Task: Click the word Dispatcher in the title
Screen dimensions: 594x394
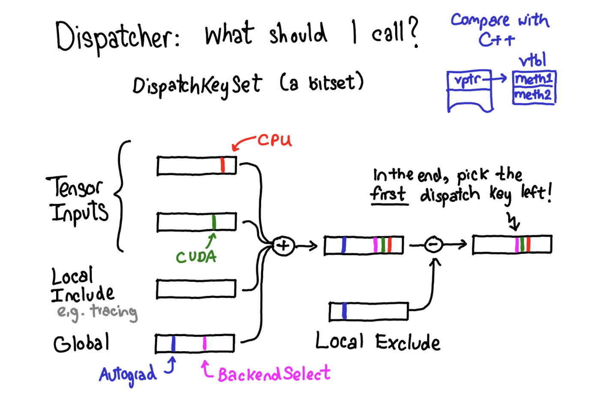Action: click(x=118, y=36)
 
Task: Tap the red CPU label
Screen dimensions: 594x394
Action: click(x=275, y=140)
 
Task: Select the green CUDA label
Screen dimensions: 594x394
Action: click(x=196, y=257)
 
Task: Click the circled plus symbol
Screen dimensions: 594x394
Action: click(x=283, y=246)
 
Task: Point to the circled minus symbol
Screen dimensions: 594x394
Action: click(x=433, y=245)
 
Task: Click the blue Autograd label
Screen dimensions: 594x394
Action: click(x=128, y=374)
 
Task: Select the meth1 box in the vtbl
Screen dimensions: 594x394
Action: click(x=534, y=79)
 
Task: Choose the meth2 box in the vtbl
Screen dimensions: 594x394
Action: click(x=534, y=95)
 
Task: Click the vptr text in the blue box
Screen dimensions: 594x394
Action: click(x=468, y=80)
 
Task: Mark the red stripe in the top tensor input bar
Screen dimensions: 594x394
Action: click(x=222, y=165)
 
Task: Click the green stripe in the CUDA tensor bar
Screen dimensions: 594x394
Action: click(x=214, y=222)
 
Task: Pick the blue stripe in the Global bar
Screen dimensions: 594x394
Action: click(x=173, y=343)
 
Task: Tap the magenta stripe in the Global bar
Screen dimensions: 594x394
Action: click(x=204, y=343)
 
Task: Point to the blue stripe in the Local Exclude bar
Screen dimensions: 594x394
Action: click(x=344, y=311)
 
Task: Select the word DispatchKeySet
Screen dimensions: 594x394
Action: click(x=197, y=85)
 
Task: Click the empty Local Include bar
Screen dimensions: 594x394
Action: click(x=196, y=289)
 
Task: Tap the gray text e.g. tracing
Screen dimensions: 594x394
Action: click(x=97, y=312)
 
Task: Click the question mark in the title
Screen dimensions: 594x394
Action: click(x=413, y=32)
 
